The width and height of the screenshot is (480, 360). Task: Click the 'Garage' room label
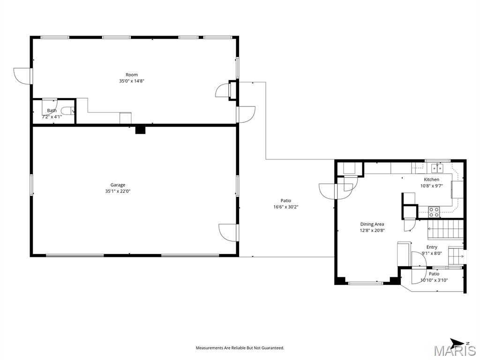[118, 185]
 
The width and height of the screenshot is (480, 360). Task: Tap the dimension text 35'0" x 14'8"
[131, 81]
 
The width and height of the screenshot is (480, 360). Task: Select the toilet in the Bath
[67, 111]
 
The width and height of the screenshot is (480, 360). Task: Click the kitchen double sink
[437, 168]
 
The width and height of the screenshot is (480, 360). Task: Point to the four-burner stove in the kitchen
[434, 212]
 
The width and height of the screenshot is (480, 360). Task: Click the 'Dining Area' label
[372, 224]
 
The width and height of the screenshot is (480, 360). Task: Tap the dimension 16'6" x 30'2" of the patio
[285, 207]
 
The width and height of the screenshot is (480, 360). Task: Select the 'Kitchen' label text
[431, 180]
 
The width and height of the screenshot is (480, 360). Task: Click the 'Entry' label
[432, 247]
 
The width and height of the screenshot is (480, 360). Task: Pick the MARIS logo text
[454, 351]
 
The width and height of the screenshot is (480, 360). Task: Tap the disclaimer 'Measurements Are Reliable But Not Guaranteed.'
[240, 348]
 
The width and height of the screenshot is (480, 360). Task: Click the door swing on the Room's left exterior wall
[22, 76]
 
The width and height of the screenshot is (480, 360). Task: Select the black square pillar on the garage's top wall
[140, 129]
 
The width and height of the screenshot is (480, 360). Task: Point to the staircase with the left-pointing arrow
[445, 230]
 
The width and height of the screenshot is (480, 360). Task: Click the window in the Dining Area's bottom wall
[366, 283]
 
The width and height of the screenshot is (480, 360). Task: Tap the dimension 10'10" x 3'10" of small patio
[434, 280]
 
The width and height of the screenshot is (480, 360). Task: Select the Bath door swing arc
[49, 105]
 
